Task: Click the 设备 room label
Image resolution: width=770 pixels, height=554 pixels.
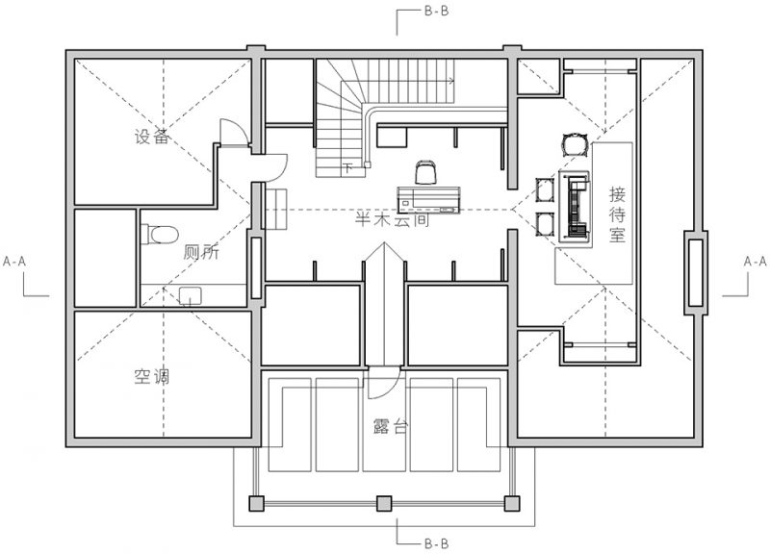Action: tap(152, 137)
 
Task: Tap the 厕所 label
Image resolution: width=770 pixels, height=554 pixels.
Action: tap(201, 252)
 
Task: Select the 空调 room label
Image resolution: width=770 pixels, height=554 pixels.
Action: tap(152, 376)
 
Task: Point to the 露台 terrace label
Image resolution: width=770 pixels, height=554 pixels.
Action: tap(391, 426)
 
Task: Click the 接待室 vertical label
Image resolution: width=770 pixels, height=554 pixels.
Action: tap(617, 214)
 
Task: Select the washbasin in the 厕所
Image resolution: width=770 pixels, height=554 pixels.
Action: tap(190, 296)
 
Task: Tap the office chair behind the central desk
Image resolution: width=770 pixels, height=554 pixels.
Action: tap(425, 172)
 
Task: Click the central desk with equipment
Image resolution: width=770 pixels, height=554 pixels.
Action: tap(428, 200)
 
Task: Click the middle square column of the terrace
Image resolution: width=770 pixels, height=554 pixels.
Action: tap(384, 503)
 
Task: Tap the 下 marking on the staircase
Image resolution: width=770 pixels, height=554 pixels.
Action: tap(347, 167)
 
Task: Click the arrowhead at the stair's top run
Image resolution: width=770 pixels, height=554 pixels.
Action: tap(450, 81)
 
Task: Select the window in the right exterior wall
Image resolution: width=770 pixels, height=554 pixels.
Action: tap(695, 272)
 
